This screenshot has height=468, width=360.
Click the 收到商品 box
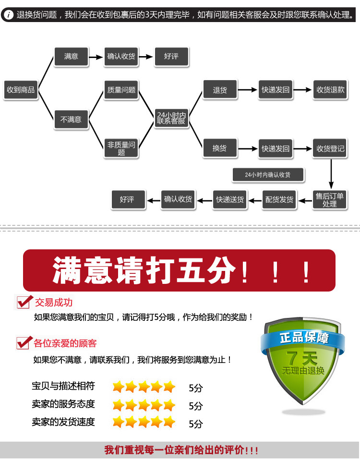click(x=21, y=90)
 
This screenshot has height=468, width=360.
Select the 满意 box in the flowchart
click(x=71, y=56)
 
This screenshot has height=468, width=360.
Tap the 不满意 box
click(x=71, y=119)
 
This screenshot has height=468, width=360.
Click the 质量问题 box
click(x=121, y=90)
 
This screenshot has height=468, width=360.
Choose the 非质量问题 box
click(x=121, y=148)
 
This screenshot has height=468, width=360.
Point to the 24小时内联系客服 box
click(x=171, y=118)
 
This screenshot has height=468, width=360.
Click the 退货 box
click(x=220, y=90)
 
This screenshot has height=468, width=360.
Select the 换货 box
click(x=220, y=148)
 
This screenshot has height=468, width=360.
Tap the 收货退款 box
click(x=330, y=90)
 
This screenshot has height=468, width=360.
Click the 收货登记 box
click(x=330, y=148)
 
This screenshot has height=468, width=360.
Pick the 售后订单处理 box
click(x=330, y=199)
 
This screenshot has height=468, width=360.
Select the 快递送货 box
click(x=230, y=199)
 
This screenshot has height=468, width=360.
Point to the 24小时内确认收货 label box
click(x=268, y=175)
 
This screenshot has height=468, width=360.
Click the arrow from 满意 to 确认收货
click(x=97, y=56)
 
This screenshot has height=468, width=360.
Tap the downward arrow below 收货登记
click(x=330, y=174)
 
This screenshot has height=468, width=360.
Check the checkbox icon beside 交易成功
click(x=24, y=302)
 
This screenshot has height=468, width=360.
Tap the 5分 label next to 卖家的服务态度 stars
click(x=196, y=406)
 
